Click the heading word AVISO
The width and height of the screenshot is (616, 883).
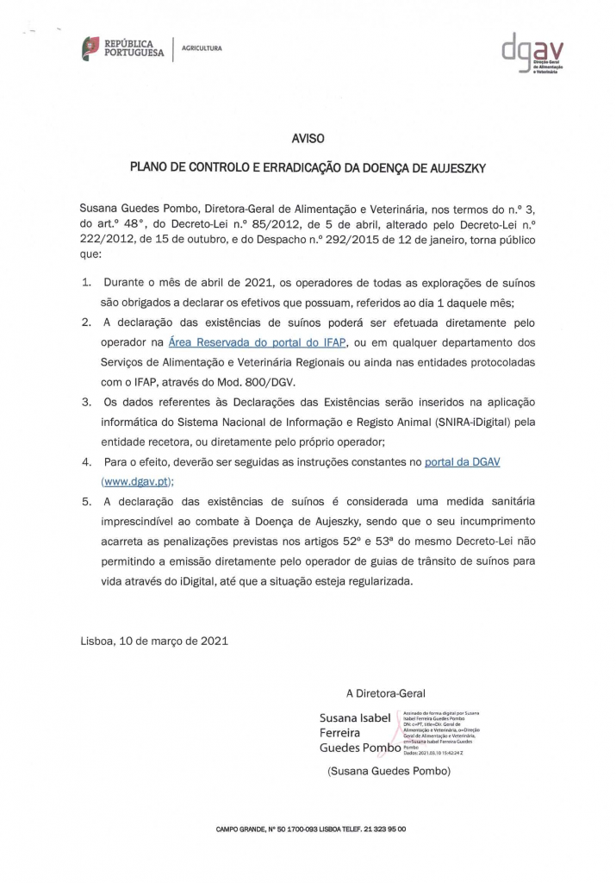[308, 136]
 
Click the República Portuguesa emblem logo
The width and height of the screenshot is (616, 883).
[90, 48]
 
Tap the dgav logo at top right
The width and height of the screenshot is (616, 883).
[532, 55]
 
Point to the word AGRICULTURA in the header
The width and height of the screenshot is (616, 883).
[201, 48]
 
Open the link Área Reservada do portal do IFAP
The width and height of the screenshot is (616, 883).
[258, 342]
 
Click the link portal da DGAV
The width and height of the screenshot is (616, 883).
[462, 462]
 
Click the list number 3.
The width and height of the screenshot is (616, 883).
[86, 402]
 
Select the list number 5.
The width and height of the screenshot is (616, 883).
[86, 502]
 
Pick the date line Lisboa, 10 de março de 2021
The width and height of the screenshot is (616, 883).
[155, 642]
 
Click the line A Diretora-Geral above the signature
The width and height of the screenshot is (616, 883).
[385, 693]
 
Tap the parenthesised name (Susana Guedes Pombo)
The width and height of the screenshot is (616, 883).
[389, 773]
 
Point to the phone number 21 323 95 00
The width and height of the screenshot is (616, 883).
[379, 829]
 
